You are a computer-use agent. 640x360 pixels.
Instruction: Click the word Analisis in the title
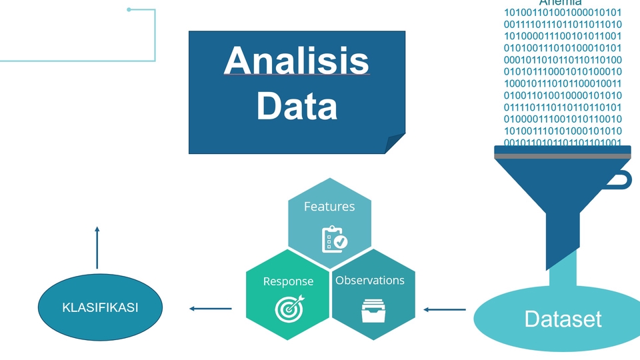coord(297,61)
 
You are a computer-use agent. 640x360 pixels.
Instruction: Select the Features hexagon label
coord(329,207)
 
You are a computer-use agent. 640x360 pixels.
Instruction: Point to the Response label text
coord(288,281)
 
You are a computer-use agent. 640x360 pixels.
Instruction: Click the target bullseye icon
coord(289,307)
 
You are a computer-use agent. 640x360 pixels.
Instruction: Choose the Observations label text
coord(370,281)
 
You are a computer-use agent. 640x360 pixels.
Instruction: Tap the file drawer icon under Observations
coord(373,311)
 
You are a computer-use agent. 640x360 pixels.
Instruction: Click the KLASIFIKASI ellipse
coord(100,307)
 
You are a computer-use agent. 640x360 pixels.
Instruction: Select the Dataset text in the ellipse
coord(563,319)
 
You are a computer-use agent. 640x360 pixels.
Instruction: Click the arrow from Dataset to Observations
coord(445,309)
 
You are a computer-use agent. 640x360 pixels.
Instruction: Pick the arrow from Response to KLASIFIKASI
coord(211,309)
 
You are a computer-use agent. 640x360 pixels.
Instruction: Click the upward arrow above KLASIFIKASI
coord(97,247)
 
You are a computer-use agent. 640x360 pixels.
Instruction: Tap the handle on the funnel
coord(624,179)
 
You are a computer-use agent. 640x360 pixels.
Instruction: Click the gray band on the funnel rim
coord(563,156)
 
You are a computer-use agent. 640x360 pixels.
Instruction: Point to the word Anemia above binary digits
coord(560,3)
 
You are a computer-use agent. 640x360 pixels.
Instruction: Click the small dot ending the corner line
coord(129,9)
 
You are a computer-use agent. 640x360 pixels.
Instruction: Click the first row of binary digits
coord(563,13)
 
